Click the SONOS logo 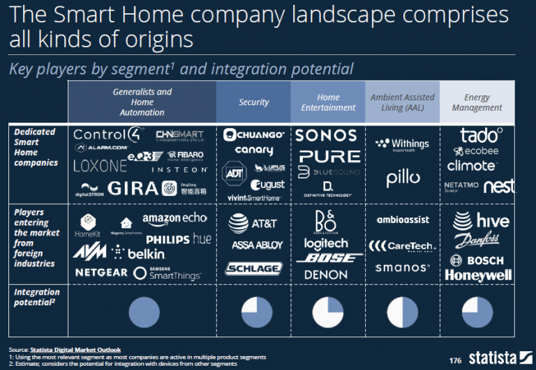point(327,135)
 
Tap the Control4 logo point(108,134)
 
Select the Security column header point(253,102)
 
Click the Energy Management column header point(477,102)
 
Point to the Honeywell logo point(478,275)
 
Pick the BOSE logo point(327,259)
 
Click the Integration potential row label point(36,297)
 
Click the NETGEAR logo point(101,272)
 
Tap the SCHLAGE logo point(253,268)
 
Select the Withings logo point(402,144)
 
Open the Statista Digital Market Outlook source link point(75,349)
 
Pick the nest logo point(498,186)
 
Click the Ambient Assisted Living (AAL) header point(402,102)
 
